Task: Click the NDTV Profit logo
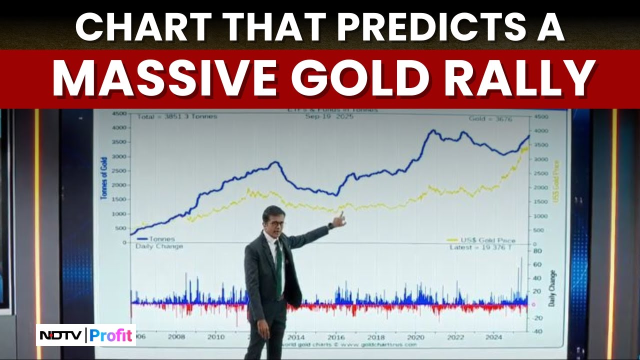86,335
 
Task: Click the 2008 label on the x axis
177,336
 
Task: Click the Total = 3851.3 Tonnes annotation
177,116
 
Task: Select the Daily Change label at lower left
159,246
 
